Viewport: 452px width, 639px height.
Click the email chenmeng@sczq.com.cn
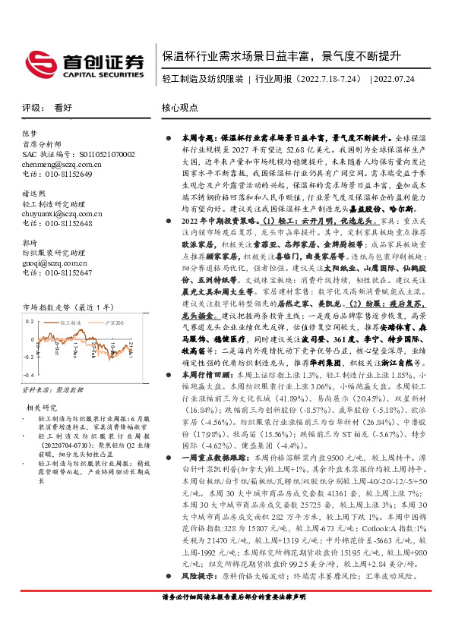[58, 164]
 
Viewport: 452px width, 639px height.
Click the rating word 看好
[63, 108]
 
